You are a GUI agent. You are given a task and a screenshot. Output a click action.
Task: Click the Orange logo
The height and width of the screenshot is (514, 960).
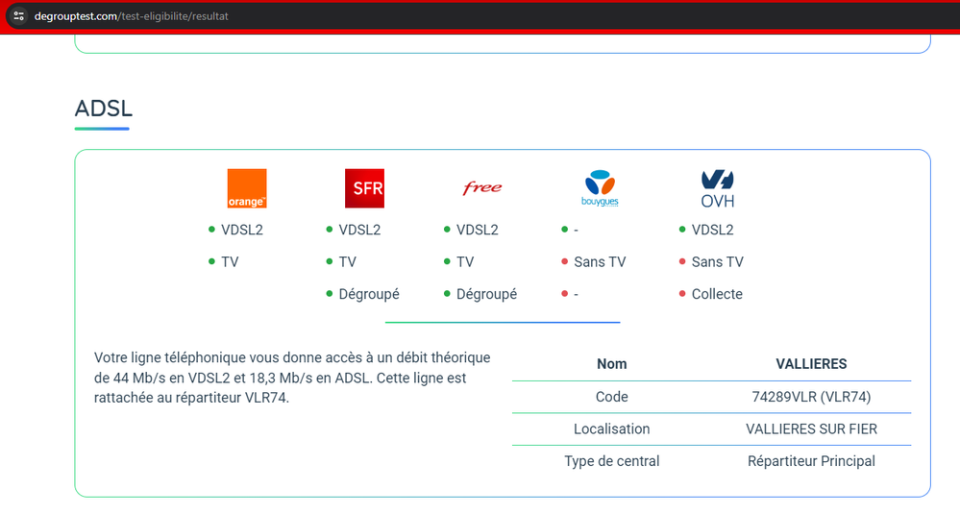(x=246, y=188)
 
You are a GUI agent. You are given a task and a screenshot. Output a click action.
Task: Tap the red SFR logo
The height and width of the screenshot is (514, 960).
(x=364, y=188)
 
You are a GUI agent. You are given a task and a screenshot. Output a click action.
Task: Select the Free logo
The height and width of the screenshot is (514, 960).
(x=481, y=188)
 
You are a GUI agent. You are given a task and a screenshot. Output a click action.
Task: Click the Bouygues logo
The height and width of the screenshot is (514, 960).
(x=600, y=188)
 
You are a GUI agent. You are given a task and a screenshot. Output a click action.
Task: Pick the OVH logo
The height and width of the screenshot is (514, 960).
(x=717, y=188)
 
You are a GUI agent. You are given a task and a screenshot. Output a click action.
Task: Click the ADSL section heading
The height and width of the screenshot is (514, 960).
(x=101, y=110)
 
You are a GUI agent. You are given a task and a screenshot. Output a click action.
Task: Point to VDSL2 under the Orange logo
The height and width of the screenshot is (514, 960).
(x=242, y=230)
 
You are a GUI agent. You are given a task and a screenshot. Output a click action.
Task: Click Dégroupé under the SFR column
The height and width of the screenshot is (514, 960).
(x=369, y=294)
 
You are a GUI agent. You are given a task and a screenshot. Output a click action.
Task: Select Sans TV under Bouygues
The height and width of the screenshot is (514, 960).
(x=600, y=261)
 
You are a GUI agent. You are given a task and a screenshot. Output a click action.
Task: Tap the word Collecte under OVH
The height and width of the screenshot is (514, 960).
(x=717, y=294)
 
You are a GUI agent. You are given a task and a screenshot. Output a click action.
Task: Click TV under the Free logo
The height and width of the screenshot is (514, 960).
(x=465, y=261)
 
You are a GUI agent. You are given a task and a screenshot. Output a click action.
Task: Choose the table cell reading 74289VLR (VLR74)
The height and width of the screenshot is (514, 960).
(x=811, y=396)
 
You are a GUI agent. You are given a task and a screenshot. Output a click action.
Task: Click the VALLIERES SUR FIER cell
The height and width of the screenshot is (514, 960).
(x=811, y=428)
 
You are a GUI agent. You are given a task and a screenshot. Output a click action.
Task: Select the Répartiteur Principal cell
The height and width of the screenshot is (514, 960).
(x=811, y=461)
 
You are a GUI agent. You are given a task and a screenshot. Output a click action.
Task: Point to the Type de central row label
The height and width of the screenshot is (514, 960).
(x=611, y=461)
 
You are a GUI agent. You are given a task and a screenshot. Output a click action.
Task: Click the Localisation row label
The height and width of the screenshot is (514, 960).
(x=611, y=428)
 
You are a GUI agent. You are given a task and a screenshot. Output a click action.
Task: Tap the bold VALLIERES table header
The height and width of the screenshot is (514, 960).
(x=811, y=363)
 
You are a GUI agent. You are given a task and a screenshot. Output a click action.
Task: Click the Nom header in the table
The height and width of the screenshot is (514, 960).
(x=611, y=363)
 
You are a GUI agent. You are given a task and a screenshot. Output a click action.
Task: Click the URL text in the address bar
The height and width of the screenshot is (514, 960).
(x=132, y=16)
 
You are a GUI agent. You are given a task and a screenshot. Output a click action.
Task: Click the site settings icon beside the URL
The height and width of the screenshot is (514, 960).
(x=19, y=16)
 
